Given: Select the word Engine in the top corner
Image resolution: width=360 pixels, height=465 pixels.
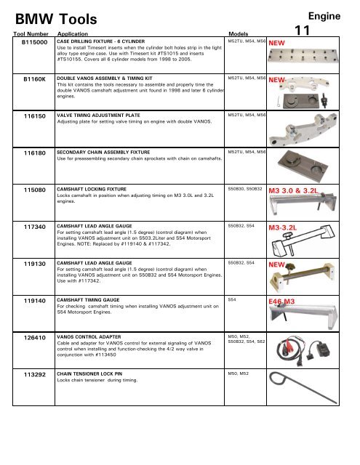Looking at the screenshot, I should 331,14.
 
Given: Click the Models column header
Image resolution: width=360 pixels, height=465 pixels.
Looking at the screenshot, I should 241,33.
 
